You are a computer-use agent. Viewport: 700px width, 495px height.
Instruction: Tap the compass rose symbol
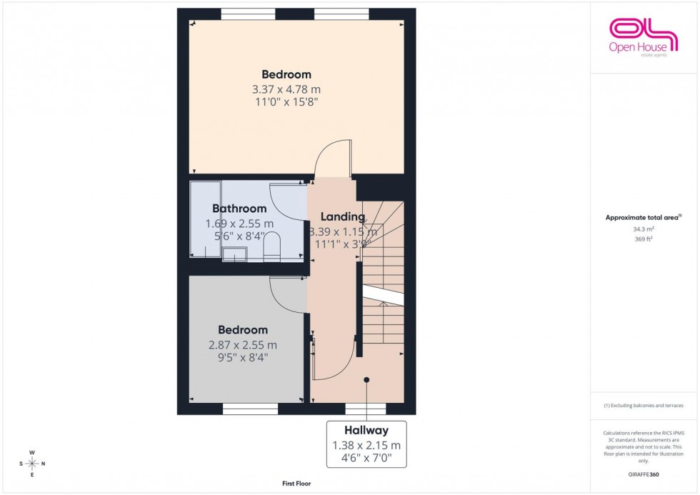32,464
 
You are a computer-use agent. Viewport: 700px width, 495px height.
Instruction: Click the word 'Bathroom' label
239,209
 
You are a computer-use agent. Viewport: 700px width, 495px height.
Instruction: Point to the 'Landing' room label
343,217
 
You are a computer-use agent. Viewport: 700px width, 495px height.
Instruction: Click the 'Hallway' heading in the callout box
366,431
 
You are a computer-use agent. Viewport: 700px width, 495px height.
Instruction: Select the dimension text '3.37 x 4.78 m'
286,89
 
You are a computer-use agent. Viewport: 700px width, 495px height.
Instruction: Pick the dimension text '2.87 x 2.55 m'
243,345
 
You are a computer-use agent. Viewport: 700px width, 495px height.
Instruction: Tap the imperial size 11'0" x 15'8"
286,102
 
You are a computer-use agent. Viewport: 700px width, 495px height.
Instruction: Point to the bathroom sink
234,254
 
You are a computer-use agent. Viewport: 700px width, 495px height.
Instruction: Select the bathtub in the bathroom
205,219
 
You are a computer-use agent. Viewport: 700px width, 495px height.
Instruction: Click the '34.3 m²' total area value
644,229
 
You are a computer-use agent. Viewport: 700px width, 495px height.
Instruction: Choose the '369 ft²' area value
644,239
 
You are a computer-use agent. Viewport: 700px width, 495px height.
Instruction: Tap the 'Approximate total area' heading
643,217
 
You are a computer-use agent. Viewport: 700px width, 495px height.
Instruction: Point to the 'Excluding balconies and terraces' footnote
644,405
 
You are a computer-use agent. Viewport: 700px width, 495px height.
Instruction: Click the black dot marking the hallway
366,380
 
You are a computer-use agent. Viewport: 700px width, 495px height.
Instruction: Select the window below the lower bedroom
250,409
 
